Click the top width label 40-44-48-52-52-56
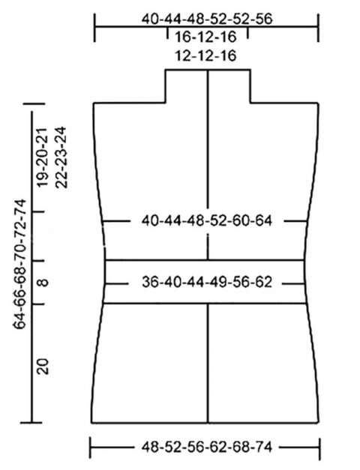click(x=207, y=19)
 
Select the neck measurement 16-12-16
click(x=205, y=37)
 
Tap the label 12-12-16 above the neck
click(x=205, y=55)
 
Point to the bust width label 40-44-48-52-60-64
click(x=207, y=221)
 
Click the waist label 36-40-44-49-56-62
click(x=207, y=283)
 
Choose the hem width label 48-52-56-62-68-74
click(x=207, y=448)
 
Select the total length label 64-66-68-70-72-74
click(x=19, y=265)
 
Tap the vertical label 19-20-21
click(x=43, y=157)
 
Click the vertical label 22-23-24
click(x=61, y=157)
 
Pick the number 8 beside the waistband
click(x=43, y=283)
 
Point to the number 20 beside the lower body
click(x=43, y=367)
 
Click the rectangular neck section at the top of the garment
click(x=208, y=86)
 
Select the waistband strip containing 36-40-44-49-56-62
click(x=205, y=282)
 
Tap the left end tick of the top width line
click(x=94, y=28)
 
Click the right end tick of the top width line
click(x=318, y=28)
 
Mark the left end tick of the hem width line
click(x=90, y=448)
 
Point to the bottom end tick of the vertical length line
click(x=31, y=423)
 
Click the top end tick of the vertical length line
click(x=34, y=103)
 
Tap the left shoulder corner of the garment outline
click(x=94, y=103)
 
